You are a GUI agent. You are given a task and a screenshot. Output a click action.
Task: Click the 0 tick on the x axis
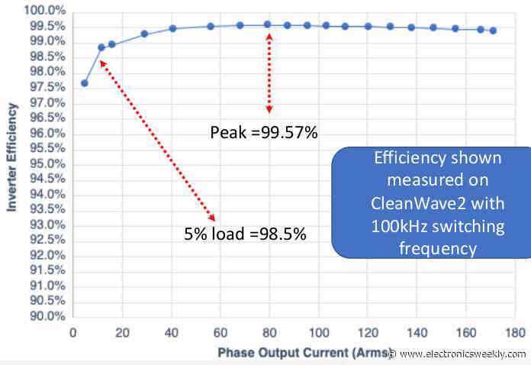pyautogui.click(x=72, y=333)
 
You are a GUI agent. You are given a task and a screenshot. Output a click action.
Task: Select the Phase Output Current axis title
pyautogui.click(x=301, y=353)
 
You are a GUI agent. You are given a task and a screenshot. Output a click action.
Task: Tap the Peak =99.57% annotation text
pyautogui.click(x=263, y=133)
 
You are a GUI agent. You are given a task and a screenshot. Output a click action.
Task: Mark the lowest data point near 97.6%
pyautogui.click(x=84, y=83)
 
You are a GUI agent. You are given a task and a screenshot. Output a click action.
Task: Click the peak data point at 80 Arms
pyautogui.click(x=268, y=24)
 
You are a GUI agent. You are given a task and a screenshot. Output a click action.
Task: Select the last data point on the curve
pyautogui.click(x=493, y=31)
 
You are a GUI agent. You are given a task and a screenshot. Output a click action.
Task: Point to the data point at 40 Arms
pyautogui.click(x=172, y=28)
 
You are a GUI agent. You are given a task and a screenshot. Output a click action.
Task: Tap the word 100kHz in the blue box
pyautogui.click(x=399, y=226)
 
